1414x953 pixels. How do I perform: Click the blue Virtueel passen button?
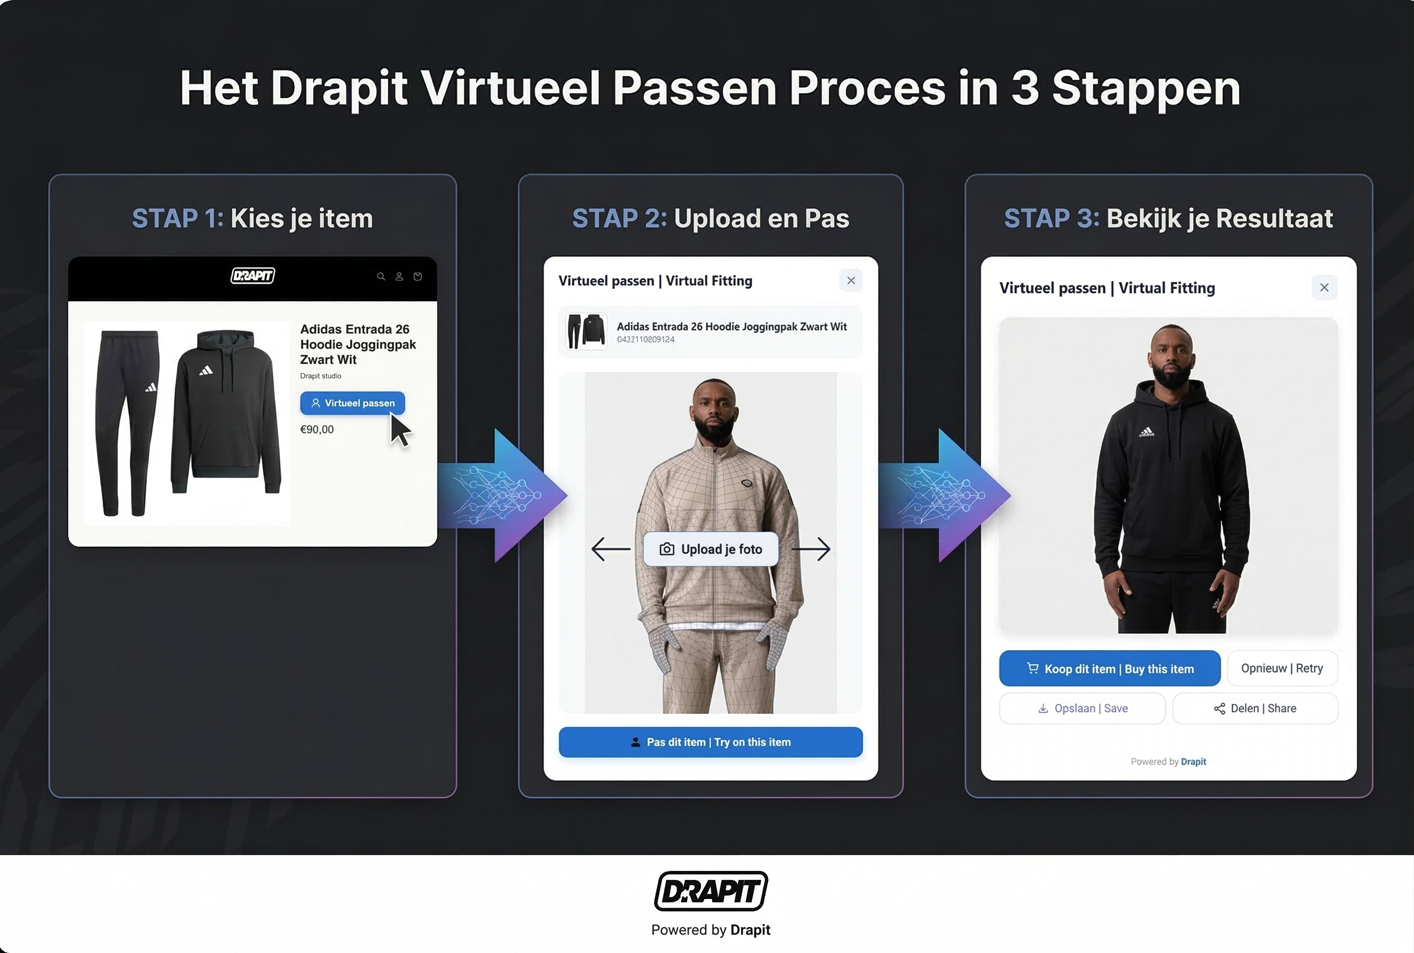pyautogui.click(x=352, y=403)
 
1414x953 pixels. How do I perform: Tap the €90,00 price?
pyautogui.click(x=317, y=430)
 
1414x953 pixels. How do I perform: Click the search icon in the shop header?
pyautogui.click(x=381, y=276)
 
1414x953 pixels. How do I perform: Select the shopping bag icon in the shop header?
pyautogui.click(x=418, y=276)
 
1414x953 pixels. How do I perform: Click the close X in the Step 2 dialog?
pyautogui.click(x=851, y=281)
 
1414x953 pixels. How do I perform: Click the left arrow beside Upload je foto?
pyautogui.click(x=611, y=550)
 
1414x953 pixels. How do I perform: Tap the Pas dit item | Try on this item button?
pyautogui.click(x=710, y=742)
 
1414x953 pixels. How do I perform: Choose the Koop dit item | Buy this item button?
pyautogui.click(x=1109, y=669)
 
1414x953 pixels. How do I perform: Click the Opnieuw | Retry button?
pyautogui.click(x=1281, y=669)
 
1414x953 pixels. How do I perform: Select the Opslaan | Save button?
pyautogui.click(x=1082, y=709)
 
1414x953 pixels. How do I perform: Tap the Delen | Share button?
pyautogui.click(x=1255, y=709)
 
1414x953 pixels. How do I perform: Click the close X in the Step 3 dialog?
pyautogui.click(x=1324, y=288)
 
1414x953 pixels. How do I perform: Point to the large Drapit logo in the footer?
pyautogui.click(x=710, y=891)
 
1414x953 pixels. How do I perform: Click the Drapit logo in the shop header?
pyautogui.click(x=253, y=276)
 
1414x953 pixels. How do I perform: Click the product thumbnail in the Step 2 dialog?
pyautogui.click(x=586, y=331)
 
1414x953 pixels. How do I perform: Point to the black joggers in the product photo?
pyautogui.click(x=127, y=422)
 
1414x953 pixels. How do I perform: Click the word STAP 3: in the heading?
pyautogui.click(x=1051, y=219)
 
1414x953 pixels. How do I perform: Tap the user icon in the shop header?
pyautogui.click(x=399, y=276)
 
